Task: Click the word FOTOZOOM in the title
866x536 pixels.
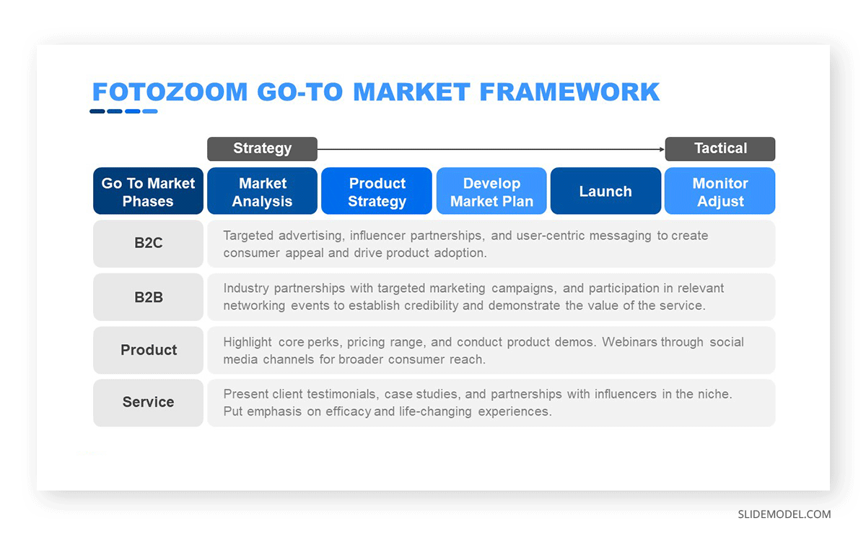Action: coord(170,92)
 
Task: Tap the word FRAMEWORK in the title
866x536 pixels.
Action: coord(569,92)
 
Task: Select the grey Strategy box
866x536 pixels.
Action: coord(262,149)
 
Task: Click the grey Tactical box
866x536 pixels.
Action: coord(720,149)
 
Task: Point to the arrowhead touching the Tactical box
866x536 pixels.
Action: coord(662,149)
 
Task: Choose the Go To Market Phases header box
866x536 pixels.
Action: coord(148,191)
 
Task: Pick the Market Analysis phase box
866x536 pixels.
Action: coord(262,191)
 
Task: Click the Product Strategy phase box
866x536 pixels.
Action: coord(377,191)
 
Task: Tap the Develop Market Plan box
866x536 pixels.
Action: coord(491,191)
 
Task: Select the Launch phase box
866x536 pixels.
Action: coord(605,191)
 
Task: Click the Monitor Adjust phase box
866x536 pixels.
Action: coord(720,191)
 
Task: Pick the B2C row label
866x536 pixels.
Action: coord(148,244)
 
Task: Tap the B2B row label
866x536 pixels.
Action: coord(148,297)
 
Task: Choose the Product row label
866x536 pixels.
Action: coord(148,350)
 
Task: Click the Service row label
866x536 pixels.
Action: coord(148,403)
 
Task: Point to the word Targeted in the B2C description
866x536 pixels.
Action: coord(248,236)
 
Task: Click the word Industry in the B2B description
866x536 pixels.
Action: coord(246,289)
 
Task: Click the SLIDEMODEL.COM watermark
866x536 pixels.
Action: coord(784,514)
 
